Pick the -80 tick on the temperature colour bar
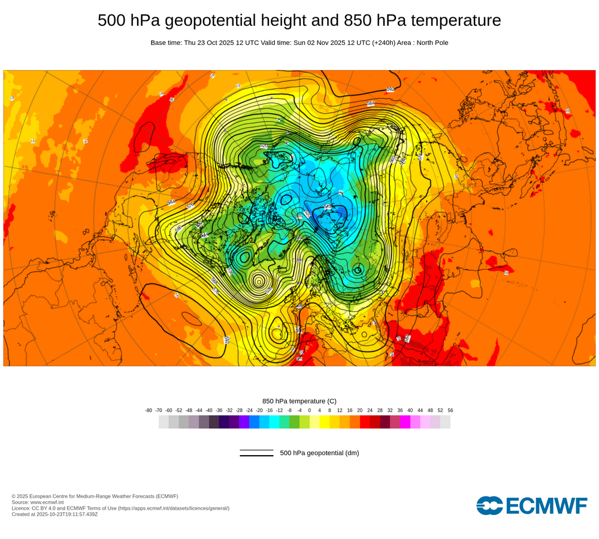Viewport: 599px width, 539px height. [x=149, y=410]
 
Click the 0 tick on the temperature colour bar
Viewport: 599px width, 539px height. [x=310, y=410]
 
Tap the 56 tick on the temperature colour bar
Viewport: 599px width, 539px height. [x=450, y=410]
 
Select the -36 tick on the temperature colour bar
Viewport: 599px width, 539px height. [x=219, y=410]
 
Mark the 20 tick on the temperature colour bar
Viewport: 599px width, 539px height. [x=359, y=410]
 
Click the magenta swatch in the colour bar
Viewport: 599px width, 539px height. [x=405, y=422]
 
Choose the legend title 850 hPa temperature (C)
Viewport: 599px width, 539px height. [x=299, y=401]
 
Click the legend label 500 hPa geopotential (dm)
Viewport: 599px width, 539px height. [x=319, y=453]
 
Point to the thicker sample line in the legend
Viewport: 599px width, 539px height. [x=256, y=456]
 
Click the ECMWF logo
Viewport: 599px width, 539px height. [x=532, y=505]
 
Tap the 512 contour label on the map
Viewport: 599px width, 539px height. [x=328, y=207]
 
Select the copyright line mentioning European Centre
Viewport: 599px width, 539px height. [x=95, y=496]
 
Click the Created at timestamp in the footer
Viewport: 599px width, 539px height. [x=55, y=514]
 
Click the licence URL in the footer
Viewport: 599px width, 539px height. [x=173, y=508]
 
